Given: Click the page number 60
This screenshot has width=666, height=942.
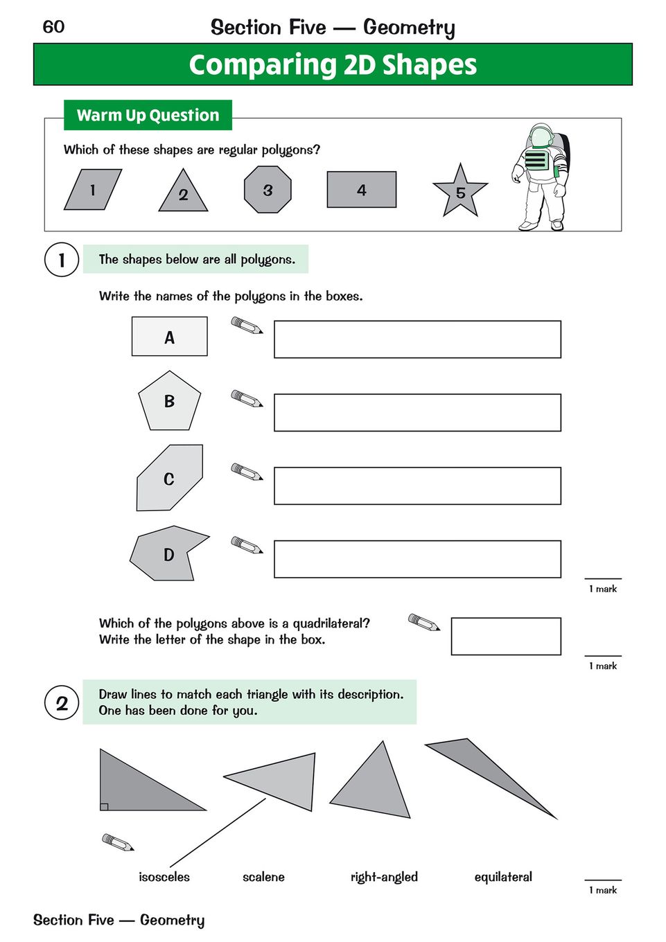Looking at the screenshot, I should click(53, 27).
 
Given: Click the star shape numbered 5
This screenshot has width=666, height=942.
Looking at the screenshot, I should click(460, 192).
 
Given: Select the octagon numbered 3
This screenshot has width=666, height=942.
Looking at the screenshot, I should click(268, 190).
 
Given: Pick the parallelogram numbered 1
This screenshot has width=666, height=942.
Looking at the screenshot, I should click(92, 190).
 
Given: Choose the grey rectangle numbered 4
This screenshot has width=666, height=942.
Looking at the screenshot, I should click(361, 190).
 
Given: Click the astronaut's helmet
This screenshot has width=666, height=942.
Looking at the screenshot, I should click(541, 136).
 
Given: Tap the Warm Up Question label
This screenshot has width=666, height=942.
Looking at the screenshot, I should click(148, 115).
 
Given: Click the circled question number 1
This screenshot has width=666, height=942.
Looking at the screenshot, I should click(62, 260).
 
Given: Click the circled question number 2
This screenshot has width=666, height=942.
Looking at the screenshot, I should click(62, 703).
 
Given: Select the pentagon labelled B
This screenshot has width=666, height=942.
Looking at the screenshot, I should click(169, 401).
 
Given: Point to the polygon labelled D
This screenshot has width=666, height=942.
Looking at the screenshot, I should click(168, 554).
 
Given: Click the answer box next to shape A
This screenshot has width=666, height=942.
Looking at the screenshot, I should click(417, 339).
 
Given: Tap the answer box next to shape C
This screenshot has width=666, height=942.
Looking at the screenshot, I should click(417, 486).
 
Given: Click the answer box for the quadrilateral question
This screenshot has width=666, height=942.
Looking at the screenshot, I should click(505, 636).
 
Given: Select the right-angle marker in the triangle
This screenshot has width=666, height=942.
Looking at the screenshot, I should click(104, 806).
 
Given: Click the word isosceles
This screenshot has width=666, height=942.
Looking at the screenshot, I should click(164, 877).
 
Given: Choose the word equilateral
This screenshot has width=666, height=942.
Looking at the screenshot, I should click(503, 877).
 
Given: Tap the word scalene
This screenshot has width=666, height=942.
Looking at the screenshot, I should click(263, 877).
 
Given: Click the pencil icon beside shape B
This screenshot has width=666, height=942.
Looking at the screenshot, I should click(247, 399).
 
